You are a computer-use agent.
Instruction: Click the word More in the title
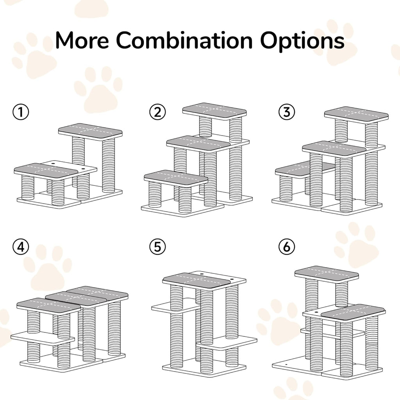coord(81,40)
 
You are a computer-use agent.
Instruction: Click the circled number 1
coord(20,112)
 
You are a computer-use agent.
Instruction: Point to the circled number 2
coord(157,112)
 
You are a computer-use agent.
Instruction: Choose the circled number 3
coord(287,112)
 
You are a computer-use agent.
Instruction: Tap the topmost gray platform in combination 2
coord(215,110)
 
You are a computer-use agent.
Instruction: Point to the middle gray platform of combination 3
coord(334,148)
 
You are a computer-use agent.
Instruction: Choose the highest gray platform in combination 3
coord(357,113)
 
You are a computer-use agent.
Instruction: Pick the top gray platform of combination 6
coord(327,273)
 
